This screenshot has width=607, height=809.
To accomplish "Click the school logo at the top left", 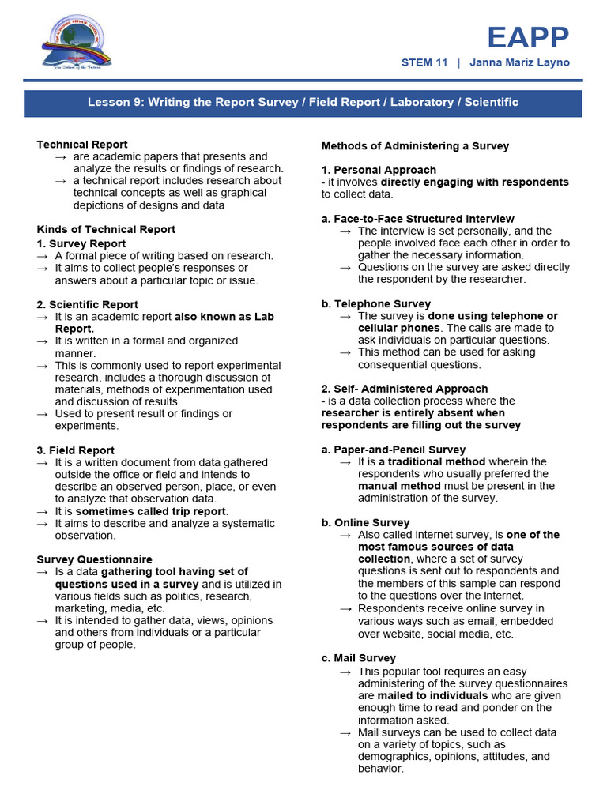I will point(76,45).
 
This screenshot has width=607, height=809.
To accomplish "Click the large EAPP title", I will point(528,37).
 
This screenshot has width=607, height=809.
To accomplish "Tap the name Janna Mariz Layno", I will point(519,62).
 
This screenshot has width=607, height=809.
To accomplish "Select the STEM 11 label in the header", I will point(424,62).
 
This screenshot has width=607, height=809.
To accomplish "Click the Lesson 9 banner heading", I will point(303,103).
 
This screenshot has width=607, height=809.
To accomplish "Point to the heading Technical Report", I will point(82,145).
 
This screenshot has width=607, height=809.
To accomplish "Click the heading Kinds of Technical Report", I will point(106,229).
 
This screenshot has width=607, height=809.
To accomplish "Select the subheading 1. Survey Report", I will point(81,243).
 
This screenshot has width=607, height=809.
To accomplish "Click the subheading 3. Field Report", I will point(75,450).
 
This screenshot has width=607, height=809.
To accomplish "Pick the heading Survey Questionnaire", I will point(94,559).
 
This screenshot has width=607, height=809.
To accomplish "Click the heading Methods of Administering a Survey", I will point(415,146).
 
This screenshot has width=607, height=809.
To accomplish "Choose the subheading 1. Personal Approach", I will point(379,170).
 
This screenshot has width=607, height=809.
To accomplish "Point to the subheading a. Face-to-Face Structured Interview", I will point(417,219).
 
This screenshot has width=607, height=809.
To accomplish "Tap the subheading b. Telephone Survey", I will point(375,303).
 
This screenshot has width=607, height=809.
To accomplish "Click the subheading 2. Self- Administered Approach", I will point(404,389).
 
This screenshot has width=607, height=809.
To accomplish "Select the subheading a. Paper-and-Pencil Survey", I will point(393,450).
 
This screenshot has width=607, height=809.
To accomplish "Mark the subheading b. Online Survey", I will point(365,522).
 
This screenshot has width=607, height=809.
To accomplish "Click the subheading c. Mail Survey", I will point(358,658).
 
